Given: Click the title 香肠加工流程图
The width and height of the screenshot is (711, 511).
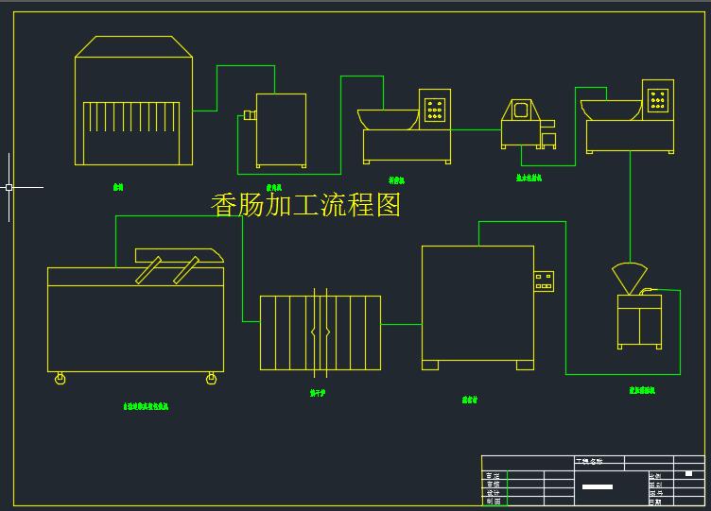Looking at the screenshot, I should pyautogui.click(x=305, y=204).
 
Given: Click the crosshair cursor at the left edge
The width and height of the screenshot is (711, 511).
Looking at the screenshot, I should pyautogui.click(x=9, y=187).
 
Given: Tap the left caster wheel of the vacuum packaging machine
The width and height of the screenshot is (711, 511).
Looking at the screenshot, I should pyautogui.click(x=61, y=379).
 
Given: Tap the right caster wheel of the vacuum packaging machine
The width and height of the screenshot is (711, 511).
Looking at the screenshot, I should pyautogui.click(x=211, y=379).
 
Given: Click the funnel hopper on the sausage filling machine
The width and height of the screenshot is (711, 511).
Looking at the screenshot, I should pyautogui.click(x=630, y=278).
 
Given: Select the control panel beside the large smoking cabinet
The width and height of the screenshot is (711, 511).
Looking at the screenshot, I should pyautogui.click(x=543, y=281).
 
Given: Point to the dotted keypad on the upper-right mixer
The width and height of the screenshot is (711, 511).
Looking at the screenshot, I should pyautogui.click(x=658, y=97).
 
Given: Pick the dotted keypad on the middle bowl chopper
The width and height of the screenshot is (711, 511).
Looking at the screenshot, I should pyautogui.click(x=435, y=109).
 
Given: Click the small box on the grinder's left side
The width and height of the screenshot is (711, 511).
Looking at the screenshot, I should pyautogui.click(x=249, y=115).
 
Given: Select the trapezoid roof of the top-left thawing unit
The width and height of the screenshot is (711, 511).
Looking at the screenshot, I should pyautogui.click(x=134, y=46).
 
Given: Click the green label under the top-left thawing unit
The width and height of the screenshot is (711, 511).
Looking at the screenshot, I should pyautogui.click(x=118, y=187).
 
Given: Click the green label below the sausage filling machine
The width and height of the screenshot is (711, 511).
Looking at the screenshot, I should pyautogui.click(x=642, y=389).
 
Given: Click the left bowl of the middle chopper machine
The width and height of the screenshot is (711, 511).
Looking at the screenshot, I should pyautogui.click(x=388, y=118).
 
